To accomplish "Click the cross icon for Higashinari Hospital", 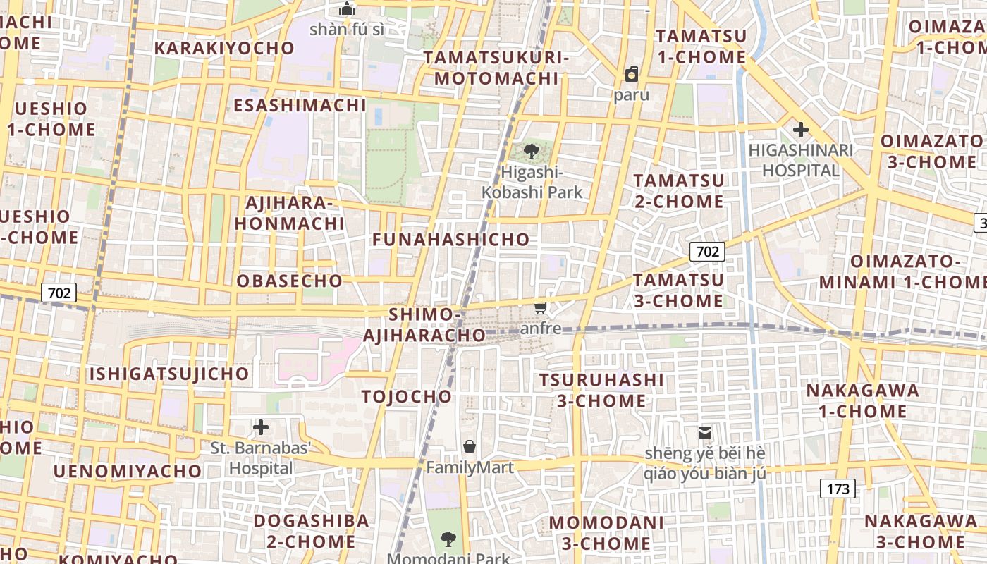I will (800, 130).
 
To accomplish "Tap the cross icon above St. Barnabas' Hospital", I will (261, 427).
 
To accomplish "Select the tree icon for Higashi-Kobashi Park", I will (532, 151).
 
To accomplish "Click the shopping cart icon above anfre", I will (541, 307).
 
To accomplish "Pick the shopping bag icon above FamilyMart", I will (470, 446).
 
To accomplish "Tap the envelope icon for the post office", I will (704, 432).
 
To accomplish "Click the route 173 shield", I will (838, 488).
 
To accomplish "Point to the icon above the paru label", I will (632, 74).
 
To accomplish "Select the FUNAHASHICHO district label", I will (451, 240).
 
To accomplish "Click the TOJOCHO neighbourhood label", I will (407, 396).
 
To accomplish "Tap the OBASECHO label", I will (290, 281).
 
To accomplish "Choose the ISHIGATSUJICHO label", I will (168, 374).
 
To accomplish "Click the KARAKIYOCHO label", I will (224, 48).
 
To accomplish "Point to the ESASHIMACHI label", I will (300, 106).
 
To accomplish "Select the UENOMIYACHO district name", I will (127, 470).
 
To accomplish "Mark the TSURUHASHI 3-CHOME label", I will (601, 391).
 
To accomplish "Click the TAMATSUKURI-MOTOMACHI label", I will (496, 68).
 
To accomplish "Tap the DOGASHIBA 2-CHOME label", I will (311, 531).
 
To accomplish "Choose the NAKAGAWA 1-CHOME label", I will (862, 400).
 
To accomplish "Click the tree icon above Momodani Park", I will (448, 540).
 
